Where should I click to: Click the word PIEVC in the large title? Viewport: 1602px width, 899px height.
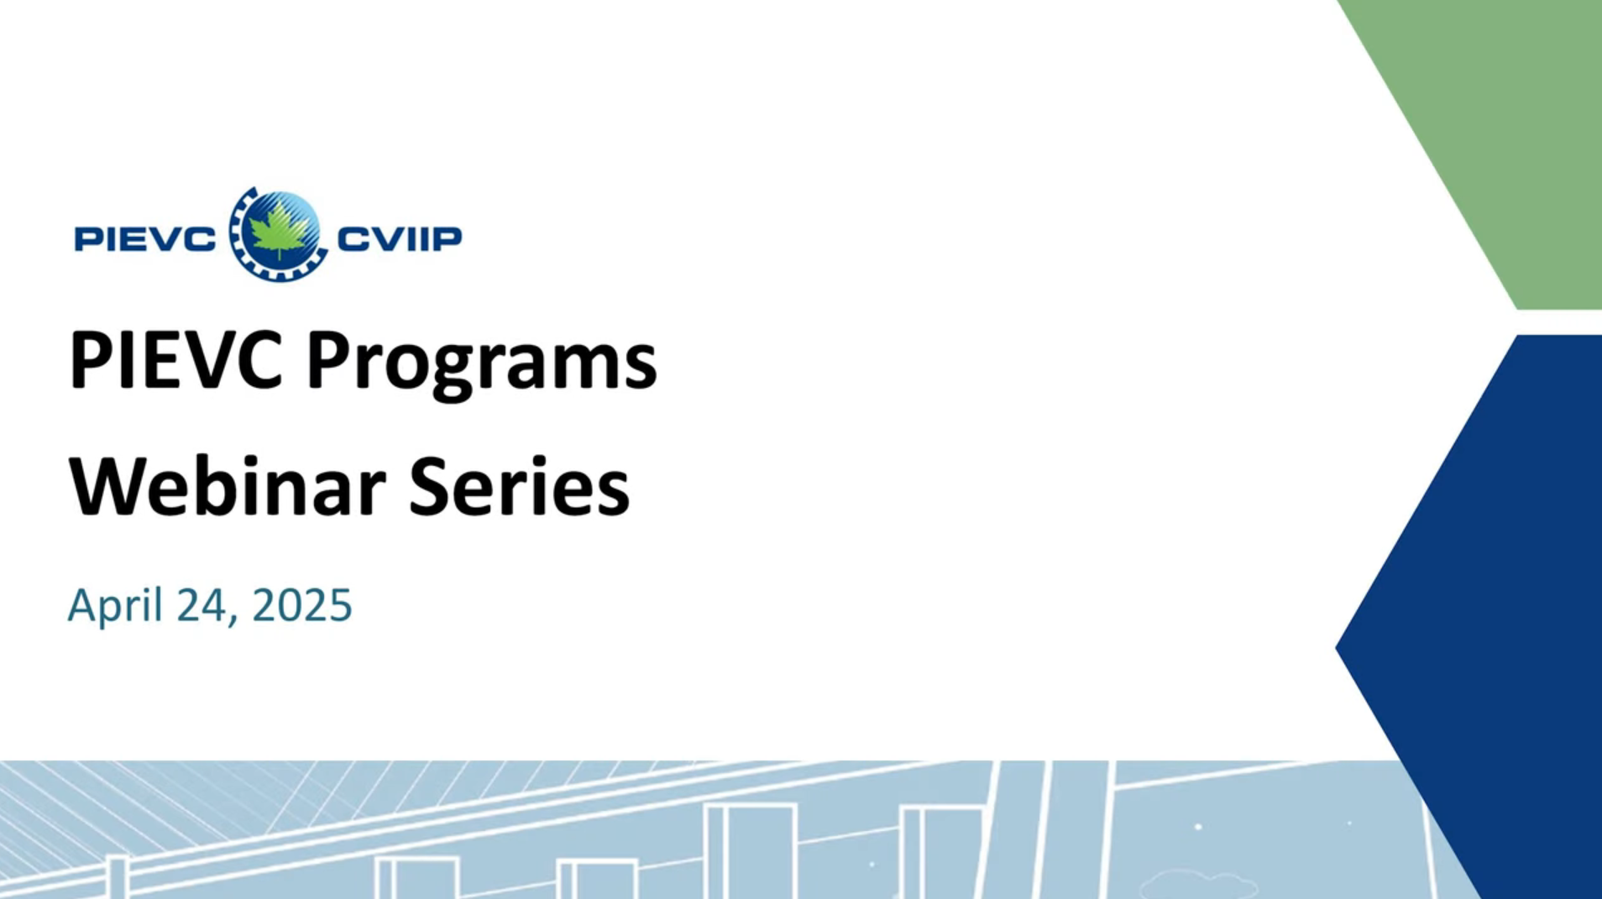(175, 360)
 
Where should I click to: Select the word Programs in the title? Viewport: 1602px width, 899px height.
(481, 364)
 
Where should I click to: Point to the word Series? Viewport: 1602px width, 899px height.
(518, 487)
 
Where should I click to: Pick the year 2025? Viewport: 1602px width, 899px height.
(302, 605)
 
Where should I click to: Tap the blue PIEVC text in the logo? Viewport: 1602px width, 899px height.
(144, 239)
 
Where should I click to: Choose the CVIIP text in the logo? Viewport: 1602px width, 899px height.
(400, 238)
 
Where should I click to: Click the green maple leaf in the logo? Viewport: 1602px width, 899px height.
(278, 233)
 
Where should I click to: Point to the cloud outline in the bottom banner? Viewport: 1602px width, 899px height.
(1199, 884)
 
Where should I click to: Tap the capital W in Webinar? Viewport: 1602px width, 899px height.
(107, 487)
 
